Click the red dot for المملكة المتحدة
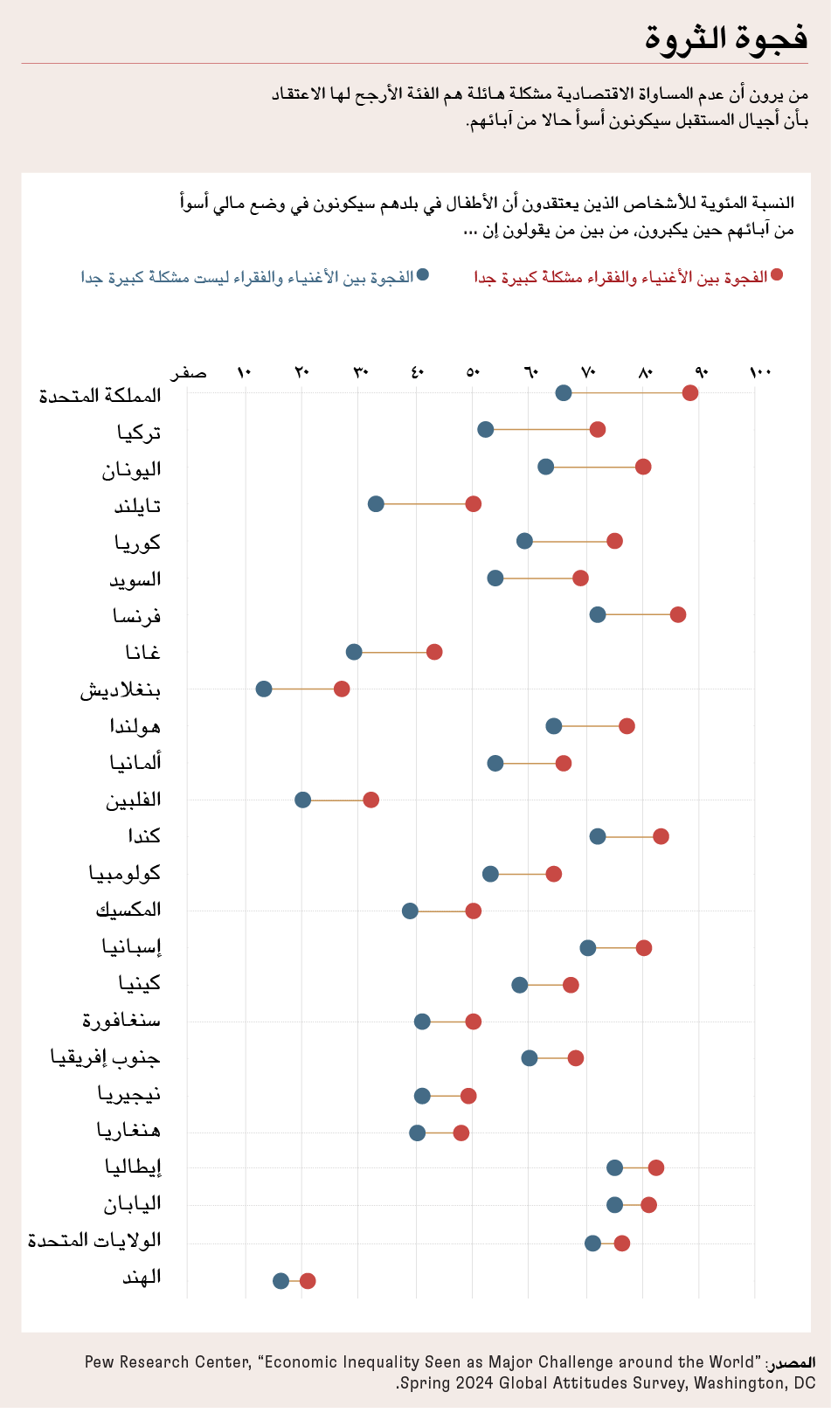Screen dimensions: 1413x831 coord(690,392)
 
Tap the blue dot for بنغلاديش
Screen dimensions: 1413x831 coord(264,689)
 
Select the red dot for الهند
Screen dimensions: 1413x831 coord(308,1281)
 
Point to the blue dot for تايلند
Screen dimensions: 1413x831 coord(376,503)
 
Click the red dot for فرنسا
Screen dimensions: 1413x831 coord(678,614)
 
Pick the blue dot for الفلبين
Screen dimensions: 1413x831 coord(302,800)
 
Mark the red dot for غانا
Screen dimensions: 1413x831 coord(434,652)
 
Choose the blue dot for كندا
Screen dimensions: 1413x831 coord(598,836)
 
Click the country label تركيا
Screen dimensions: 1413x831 coord(140,432)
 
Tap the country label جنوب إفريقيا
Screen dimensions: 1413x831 coord(106,1057)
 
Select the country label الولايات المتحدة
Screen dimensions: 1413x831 coord(94,1241)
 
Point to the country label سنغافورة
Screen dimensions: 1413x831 coord(121,1020)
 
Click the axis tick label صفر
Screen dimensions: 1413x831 coord(189,373)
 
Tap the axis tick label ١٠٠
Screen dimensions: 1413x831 coord(760,373)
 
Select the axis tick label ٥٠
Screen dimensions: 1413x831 coord(473,373)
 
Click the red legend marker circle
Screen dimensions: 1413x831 coord(777,274)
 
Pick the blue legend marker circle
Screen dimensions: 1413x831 coord(423,274)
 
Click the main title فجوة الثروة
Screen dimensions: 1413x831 coord(726,38)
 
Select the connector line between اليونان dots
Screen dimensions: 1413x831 coord(594,467)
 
